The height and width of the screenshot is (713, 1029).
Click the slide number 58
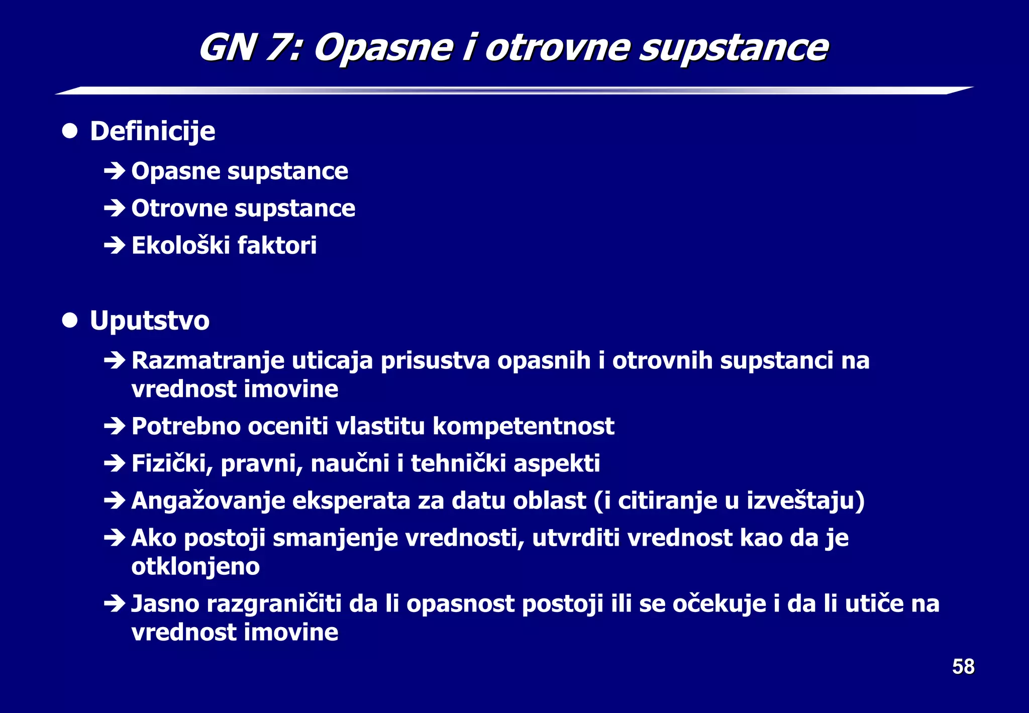point(963,667)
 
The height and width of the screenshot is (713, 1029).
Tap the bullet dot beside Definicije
point(70,131)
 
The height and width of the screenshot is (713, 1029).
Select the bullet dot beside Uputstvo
point(70,320)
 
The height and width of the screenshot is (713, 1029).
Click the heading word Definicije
point(152,132)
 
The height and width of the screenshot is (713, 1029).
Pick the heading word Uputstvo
point(149,321)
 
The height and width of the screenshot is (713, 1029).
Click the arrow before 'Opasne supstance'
point(115,171)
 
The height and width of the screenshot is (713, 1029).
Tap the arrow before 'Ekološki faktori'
point(115,246)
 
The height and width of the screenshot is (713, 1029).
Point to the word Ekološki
point(180,246)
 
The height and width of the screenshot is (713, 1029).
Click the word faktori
point(277,246)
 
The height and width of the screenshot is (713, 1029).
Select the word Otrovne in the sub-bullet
point(179,209)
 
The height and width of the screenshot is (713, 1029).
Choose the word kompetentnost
point(523,427)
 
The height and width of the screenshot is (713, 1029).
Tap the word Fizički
point(171,464)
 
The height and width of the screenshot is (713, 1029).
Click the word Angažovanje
point(208,501)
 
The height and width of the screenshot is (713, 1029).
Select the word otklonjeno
point(195,567)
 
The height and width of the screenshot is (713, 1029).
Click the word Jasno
point(165,604)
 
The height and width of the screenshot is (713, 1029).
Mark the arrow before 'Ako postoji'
point(115,538)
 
